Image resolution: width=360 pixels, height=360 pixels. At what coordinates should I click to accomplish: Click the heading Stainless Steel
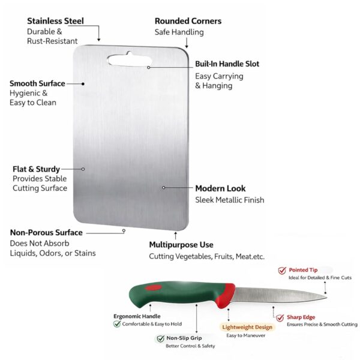point(55,21)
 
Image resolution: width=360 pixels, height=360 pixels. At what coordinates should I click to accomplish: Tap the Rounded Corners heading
point(188,21)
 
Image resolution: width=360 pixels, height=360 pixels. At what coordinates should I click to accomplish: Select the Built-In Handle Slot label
point(227,64)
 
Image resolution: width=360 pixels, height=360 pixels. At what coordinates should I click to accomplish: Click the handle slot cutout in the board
point(129,59)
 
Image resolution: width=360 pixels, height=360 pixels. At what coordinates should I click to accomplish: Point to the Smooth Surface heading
point(37,83)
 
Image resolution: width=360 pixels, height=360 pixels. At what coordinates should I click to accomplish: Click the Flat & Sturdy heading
point(36,169)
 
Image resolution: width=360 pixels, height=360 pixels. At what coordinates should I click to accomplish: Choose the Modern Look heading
point(220,188)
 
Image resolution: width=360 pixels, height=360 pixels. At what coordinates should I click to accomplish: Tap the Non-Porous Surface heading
point(46,232)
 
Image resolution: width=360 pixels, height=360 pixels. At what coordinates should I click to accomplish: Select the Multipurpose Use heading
point(181,245)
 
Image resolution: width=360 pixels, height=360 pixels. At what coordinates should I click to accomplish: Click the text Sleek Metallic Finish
point(230,200)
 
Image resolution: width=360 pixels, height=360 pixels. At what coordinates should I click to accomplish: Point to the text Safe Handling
point(179,32)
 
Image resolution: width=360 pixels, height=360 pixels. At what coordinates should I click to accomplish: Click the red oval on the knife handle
point(154,287)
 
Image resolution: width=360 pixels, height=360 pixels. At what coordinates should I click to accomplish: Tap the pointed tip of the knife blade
point(326,298)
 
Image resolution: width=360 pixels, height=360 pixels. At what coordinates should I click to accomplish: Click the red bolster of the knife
point(226,296)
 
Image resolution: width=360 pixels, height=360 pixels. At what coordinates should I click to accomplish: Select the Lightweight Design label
point(247,327)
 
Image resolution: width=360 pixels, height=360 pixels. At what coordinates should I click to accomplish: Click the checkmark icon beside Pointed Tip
point(282,271)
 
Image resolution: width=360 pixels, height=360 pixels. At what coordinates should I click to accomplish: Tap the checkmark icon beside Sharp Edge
point(280,318)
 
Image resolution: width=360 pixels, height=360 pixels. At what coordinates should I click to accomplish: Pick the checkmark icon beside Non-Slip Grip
point(160,338)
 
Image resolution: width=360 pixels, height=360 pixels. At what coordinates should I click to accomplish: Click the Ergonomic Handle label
point(137,316)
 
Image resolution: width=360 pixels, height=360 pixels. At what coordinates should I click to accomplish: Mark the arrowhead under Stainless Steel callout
point(99,40)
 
